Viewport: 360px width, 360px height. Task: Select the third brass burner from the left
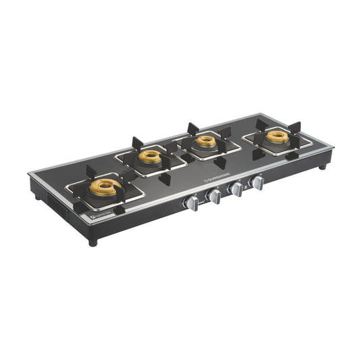(206, 142)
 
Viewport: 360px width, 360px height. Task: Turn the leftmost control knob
(193, 203)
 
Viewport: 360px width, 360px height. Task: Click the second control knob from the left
(215, 197)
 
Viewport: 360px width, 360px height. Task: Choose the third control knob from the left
(237, 189)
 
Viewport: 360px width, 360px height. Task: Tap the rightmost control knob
(257, 182)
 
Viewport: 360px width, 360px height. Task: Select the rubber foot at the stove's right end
(323, 165)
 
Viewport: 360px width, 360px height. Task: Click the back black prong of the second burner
(137, 143)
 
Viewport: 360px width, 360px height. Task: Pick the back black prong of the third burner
(193, 128)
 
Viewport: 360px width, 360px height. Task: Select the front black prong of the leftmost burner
(119, 210)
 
